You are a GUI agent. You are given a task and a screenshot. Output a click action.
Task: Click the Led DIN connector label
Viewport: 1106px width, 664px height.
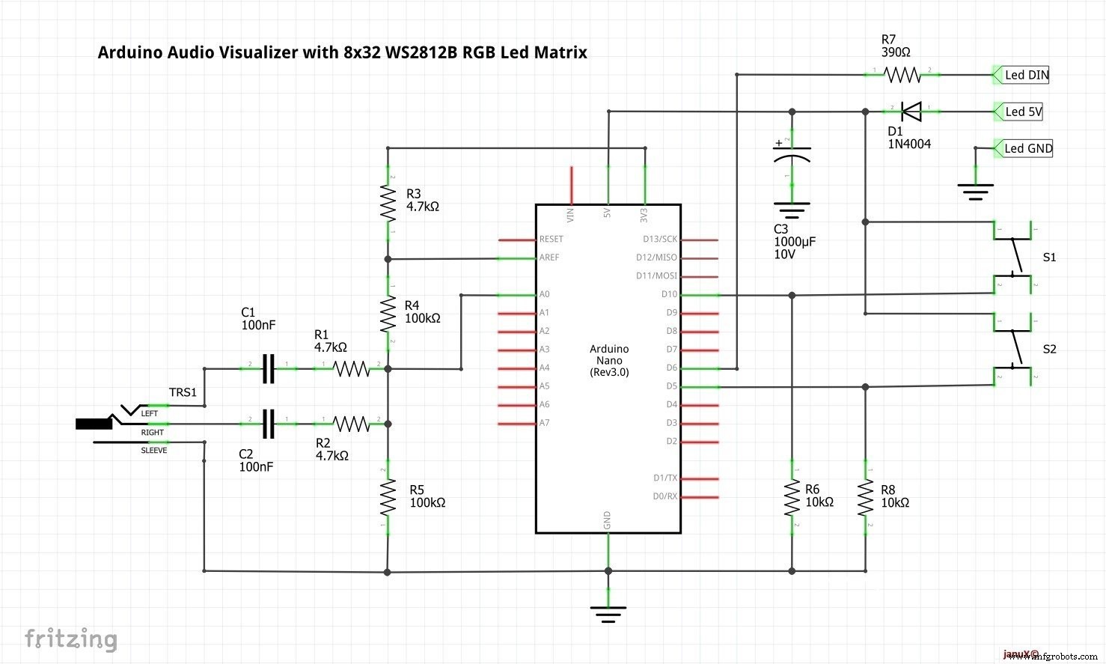1026,75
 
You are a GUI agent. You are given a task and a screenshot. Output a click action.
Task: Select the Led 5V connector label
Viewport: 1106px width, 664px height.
1023,112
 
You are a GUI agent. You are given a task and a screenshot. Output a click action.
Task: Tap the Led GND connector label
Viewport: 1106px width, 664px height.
1027,148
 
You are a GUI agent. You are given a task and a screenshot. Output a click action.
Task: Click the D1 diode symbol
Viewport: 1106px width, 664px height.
911,112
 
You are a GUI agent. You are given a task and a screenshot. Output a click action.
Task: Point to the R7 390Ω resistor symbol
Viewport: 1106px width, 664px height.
902,75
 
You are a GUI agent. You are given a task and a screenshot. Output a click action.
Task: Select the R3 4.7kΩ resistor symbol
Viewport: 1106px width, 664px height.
388,203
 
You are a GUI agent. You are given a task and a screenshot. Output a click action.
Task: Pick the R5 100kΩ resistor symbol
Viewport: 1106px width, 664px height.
388,498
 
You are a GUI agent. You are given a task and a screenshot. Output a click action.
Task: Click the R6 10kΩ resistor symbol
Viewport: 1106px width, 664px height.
792,498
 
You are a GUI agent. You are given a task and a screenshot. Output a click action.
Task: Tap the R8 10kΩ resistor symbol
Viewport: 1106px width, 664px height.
866,498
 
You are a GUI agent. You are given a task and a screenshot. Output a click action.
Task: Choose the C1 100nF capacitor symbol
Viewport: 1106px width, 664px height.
269,368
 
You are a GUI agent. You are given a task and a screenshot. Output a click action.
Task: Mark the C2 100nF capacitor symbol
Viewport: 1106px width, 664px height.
269,424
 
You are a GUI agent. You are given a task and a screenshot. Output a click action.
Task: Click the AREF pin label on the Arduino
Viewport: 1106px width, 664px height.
549,258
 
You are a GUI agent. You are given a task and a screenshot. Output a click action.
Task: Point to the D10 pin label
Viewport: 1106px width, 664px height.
669,294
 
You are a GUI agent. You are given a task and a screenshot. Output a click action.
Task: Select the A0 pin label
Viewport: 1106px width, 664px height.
545,294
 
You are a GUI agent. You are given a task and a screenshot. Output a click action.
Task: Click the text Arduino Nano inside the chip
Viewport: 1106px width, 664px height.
609,355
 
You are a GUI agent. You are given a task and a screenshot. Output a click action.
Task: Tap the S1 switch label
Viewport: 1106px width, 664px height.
1049,258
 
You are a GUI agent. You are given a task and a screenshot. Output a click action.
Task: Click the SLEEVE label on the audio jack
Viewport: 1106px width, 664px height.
154,451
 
